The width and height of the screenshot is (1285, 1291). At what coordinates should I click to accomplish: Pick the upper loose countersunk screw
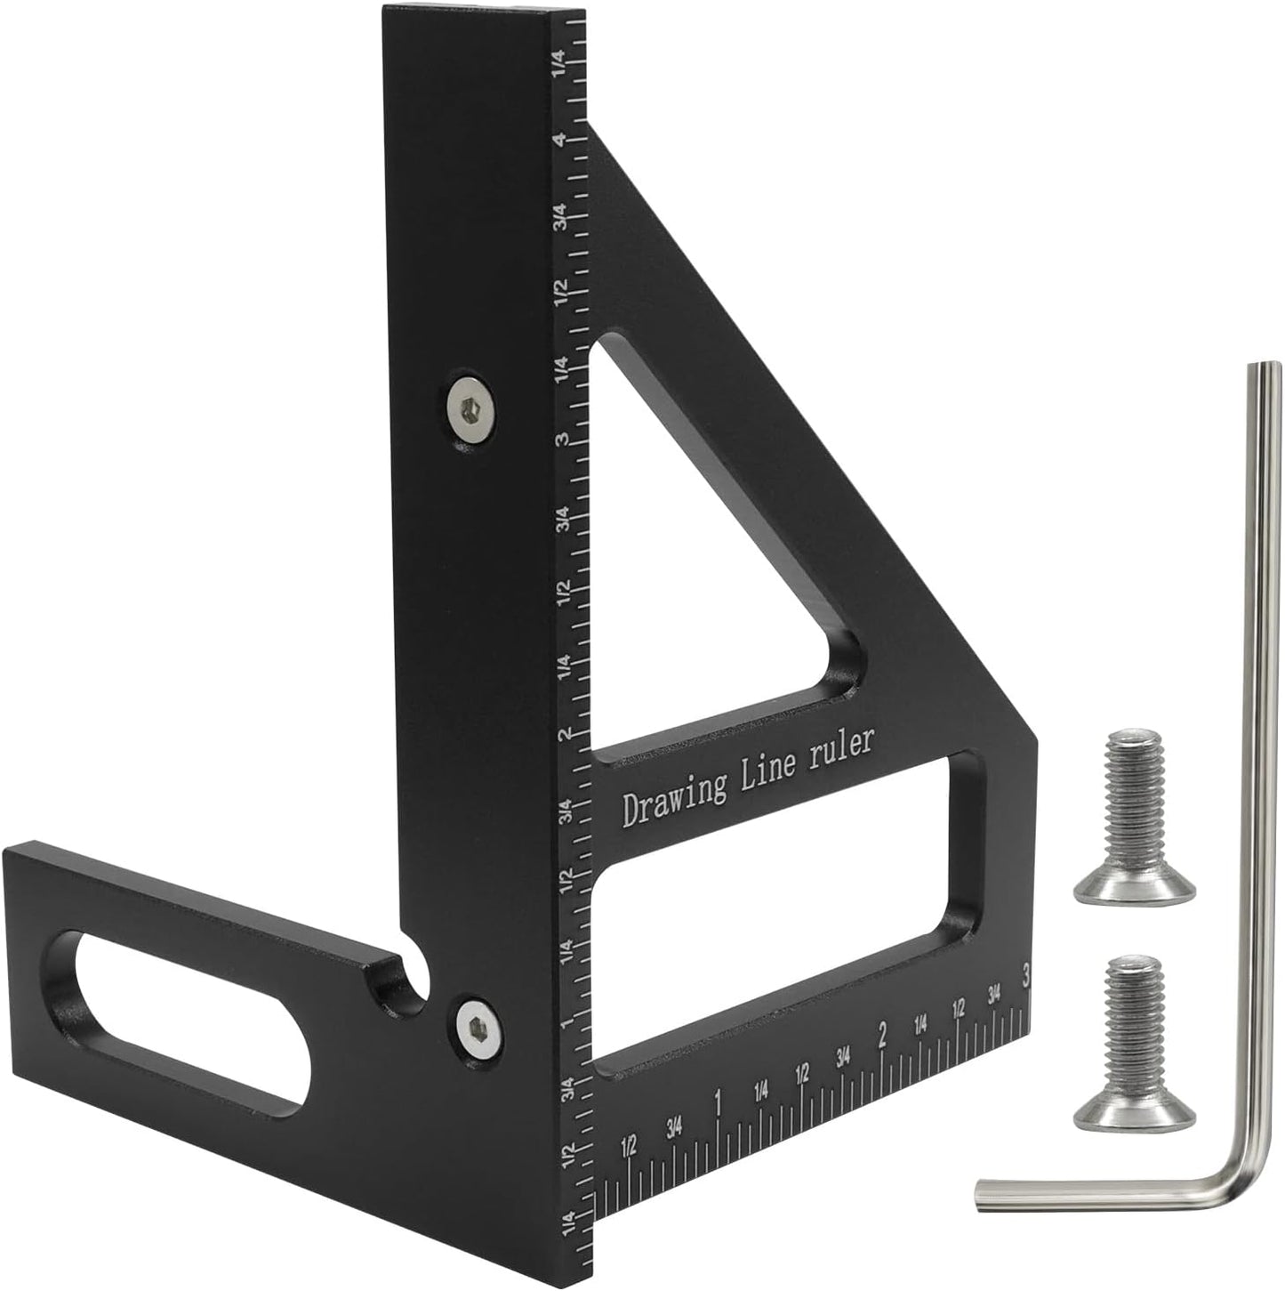[1135, 815]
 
